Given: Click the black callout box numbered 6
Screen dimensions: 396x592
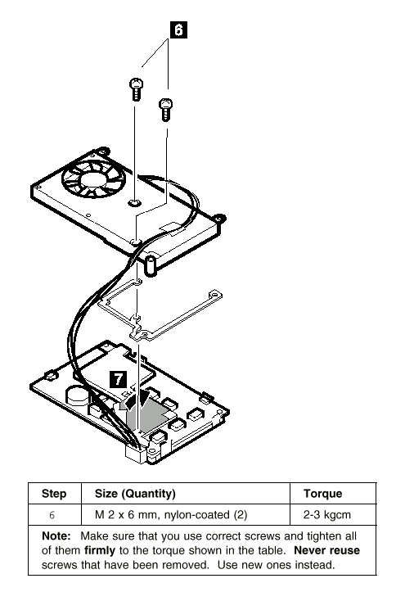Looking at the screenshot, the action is pyautogui.click(x=178, y=29).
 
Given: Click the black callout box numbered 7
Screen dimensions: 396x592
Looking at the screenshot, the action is pyautogui.click(x=119, y=379).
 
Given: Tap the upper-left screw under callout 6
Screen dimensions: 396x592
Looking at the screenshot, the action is pyautogui.click(x=136, y=89).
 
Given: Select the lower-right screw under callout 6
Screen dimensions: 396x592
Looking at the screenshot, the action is pyautogui.click(x=165, y=110).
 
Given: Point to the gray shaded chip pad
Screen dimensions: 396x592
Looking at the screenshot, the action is pyautogui.click(x=145, y=414).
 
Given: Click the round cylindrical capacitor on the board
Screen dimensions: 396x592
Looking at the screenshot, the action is pyautogui.click(x=78, y=395).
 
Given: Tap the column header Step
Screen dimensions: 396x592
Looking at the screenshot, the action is pyautogui.click(x=54, y=494).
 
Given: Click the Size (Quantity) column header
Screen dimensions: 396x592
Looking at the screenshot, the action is pyautogui.click(x=135, y=494).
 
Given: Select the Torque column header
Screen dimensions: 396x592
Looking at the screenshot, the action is pyautogui.click(x=323, y=494).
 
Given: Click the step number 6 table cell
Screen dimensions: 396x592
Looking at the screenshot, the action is pyautogui.click(x=52, y=515).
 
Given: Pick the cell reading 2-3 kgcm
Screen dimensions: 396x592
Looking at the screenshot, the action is pyautogui.click(x=327, y=515).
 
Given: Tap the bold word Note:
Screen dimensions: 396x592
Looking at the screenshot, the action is pyautogui.click(x=56, y=536).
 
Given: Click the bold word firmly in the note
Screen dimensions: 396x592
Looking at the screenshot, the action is pyautogui.click(x=100, y=550).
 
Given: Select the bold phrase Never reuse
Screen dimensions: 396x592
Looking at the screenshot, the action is pyautogui.click(x=326, y=550).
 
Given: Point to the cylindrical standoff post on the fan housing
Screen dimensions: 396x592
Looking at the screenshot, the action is pyautogui.click(x=151, y=265).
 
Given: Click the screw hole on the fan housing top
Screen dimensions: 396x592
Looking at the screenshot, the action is pyautogui.click(x=135, y=204).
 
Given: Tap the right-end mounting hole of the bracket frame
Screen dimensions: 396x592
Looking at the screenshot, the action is pyautogui.click(x=215, y=293).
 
